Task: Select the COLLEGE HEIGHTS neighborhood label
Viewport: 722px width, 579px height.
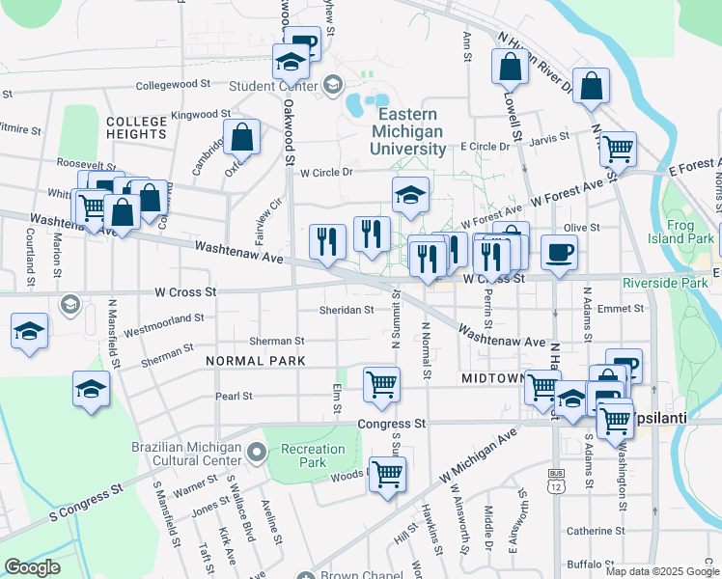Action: click(x=136, y=127)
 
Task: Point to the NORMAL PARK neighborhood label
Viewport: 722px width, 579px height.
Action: click(x=255, y=361)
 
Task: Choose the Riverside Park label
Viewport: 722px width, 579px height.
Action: click(x=665, y=284)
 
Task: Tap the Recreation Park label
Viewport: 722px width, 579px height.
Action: click(x=312, y=455)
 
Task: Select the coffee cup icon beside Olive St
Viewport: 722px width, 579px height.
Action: click(x=559, y=254)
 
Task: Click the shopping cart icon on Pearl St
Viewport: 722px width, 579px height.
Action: click(x=381, y=383)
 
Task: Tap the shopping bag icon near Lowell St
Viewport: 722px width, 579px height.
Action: click(x=510, y=67)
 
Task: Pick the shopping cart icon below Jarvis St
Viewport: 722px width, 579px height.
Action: click(x=618, y=150)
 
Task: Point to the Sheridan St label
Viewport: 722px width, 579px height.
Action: click(x=347, y=310)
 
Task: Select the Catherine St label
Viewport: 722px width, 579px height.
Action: click(x=596, y=531)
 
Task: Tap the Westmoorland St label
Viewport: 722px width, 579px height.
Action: click(x=163, y=317)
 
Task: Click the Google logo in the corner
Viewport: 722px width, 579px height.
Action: click(x=32, y=567)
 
